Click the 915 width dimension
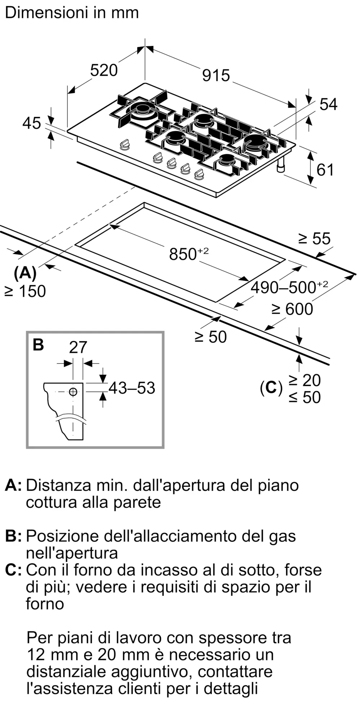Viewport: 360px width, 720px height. (x=216, y=76)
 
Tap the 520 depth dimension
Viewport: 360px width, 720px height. (x=104, y=70)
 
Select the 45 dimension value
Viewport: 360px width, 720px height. (x=32, y=123)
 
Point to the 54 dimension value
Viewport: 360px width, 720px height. (x=328, y=104)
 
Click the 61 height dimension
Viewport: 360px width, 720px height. (x=325, y=170)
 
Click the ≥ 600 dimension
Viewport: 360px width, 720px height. (x=292, y=309)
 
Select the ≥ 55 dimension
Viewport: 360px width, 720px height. (x=314, y=238)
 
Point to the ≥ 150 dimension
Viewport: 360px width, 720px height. (x=25, y=291)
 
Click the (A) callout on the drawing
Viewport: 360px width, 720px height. (x=25, y=273)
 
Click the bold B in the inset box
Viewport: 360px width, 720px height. (x=38, y=345)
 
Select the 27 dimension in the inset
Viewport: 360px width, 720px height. (x=78, y=347)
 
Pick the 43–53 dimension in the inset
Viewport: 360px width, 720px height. (x=132, y=388)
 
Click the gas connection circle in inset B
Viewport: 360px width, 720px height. (x=73, y=392)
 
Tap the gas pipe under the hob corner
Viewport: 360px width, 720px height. (x=280, y=165)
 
